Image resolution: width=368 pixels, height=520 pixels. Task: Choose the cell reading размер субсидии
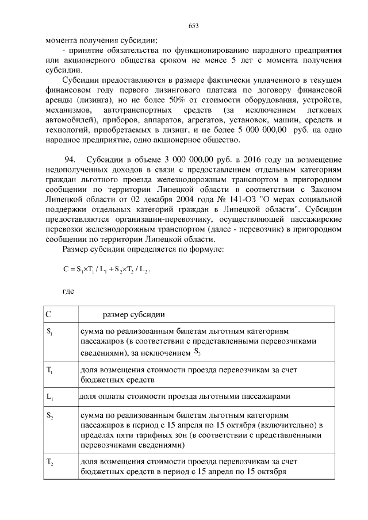(134, 314)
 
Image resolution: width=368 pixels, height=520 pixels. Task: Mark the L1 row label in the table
(49, 396)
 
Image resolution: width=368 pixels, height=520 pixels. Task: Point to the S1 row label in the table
(49, 332)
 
